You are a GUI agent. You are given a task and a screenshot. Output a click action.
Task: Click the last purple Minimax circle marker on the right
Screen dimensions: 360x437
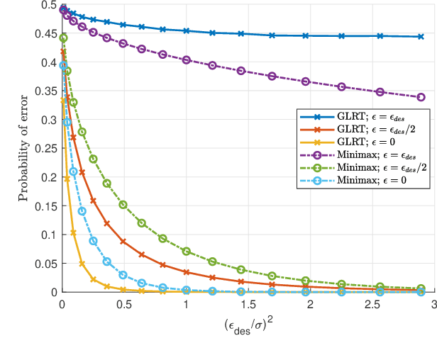click(421, 97)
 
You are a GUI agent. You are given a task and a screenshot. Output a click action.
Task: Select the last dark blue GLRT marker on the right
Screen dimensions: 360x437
click(421, 37)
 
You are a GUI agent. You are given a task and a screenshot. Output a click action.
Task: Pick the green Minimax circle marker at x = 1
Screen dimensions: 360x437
click(187, 252)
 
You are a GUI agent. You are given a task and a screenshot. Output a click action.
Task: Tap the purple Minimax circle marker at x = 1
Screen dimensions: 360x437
click(187, 60)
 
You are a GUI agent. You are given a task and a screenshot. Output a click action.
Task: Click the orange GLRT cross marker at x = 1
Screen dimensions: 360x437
click(187, 272)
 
